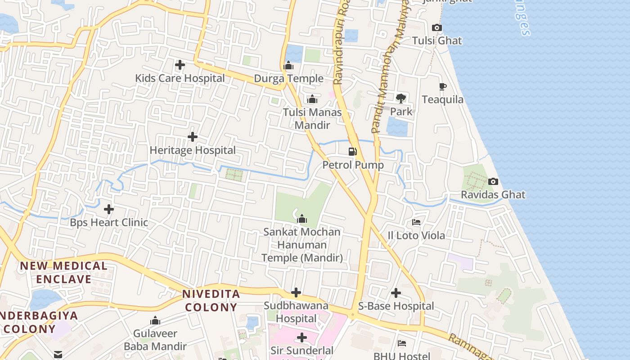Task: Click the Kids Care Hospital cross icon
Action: pyautogui.click(x=180, y=65)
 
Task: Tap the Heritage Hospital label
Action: pyautogui.click(x=193, y=150)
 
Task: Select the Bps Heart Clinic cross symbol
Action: pyautogui.click(x=109, y=209)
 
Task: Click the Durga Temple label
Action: pyautogui.click(x=288, y=79)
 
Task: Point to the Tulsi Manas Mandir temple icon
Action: pyautogui.click(x=312, y=99)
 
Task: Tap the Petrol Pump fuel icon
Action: pyautogui.click(x=353, y=152)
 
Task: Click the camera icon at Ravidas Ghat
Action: pyautogui.click(x=493, y=182)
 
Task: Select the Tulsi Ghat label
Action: pyautogui.click(x=437, y=40)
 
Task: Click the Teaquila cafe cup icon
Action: pyautogui.click(x=442, y=86)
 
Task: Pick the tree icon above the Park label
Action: pyautogui.click(x=400, y=98)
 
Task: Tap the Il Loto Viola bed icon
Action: pyautogui.click(x=416, y=222)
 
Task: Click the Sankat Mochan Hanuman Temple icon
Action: pyautogui.click(x=302, y=219)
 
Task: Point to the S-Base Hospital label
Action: pyautogui.click(x=396, y=306)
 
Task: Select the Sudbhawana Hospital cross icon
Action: pyautogui.click(x=296, y=293)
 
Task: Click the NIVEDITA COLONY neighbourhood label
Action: pyautogui.click(x=211, y=301)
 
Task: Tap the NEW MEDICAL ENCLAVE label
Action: pyautogui.click(x=63, y=272)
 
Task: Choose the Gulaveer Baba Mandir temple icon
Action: pyautogui.click(x=155, y=320)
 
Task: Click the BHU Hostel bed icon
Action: pyautogui.click(x=402, y=343)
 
